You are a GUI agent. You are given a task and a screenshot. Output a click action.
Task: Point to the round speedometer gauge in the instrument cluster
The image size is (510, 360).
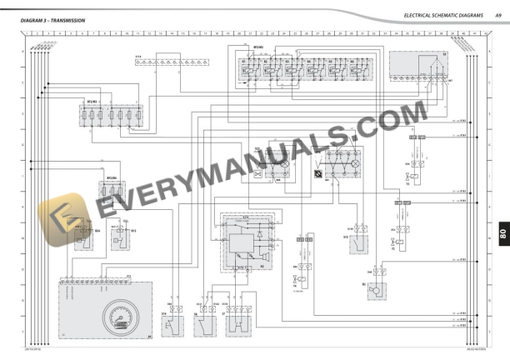click(x=116, y=320)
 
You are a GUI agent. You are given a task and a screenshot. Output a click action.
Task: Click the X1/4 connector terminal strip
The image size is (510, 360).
click(x=182, y=62)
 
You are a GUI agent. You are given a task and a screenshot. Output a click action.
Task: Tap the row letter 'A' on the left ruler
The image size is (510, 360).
click(x=22, y=52)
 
